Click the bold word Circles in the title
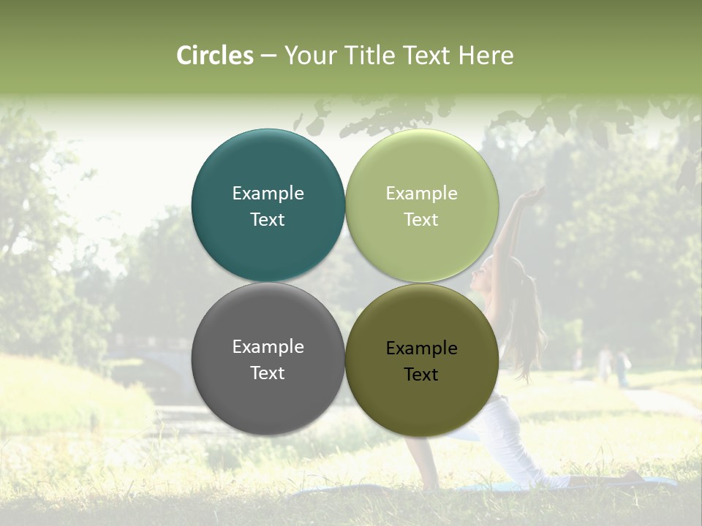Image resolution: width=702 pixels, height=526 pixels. pos(215,56)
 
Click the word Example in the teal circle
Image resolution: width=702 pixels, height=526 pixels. pos(268,194)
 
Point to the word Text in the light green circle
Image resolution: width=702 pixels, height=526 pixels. pos(421,220)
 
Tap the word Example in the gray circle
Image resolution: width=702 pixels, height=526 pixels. pos(268,347)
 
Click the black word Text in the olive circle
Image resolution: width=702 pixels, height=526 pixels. pos(421,375)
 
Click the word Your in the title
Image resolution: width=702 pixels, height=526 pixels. pos(309,56)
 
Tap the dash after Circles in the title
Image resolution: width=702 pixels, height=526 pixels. pos(268,56)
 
